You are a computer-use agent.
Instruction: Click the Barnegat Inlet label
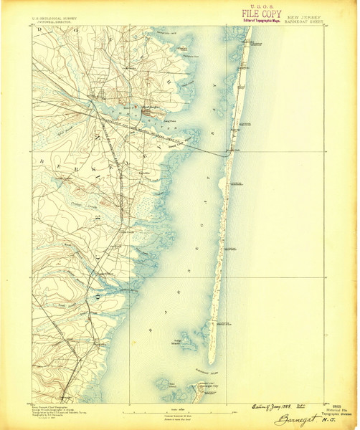pyautogui.click(x=208, y=371)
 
